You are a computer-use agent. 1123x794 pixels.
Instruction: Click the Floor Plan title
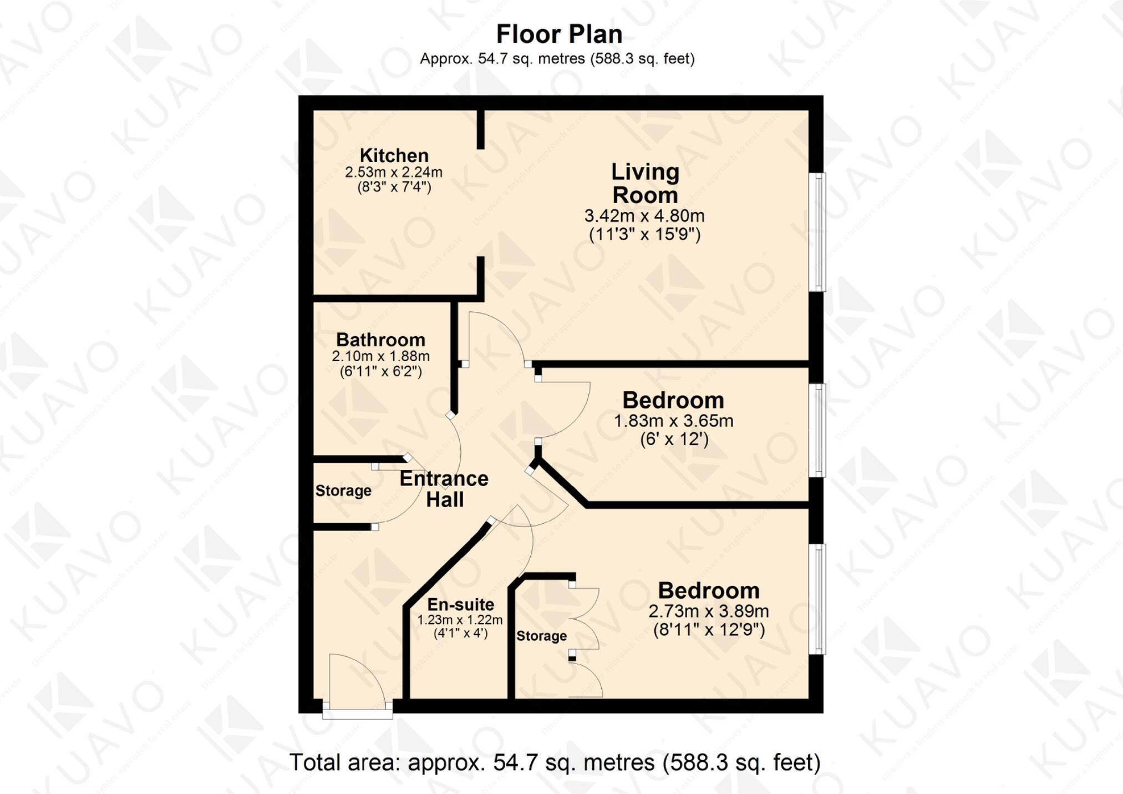pos(559,34)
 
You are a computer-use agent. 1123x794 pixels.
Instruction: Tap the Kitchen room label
pos(394,155)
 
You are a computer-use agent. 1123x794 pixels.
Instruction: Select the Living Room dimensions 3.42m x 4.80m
pos(644,216)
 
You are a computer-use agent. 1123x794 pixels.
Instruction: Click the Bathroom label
pos(380,340)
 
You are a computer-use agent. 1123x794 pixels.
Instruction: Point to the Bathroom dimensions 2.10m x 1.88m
pos(380,356)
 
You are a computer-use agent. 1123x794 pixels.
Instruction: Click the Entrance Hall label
pos(444,489)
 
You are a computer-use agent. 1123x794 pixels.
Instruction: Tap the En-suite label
pos(460,604)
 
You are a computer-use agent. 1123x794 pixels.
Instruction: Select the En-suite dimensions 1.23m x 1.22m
pos(460,620)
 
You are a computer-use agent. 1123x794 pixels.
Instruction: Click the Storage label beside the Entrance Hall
pos(343,490)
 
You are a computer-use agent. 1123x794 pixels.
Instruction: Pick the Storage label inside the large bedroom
pos(541,636)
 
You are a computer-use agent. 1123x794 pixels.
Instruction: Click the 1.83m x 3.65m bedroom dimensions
pos(673,421)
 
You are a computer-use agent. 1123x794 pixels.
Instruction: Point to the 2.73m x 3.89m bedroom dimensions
pos(708,611)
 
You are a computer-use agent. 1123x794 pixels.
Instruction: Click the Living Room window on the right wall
pos(817,232)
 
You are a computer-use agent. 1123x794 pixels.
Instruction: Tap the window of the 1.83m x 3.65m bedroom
pos(817,430)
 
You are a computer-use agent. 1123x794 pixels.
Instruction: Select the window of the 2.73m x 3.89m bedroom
pos(817,599)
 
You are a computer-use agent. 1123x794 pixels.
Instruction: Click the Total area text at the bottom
pos(555,762)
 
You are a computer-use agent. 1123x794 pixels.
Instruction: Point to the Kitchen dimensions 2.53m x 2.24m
pos(394,172)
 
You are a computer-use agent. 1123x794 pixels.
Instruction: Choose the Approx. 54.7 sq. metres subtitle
pos(557,59)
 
